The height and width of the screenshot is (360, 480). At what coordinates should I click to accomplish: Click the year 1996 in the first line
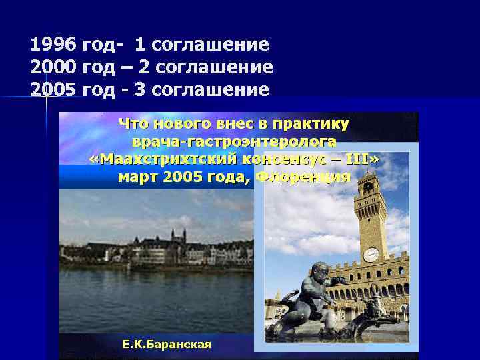53,45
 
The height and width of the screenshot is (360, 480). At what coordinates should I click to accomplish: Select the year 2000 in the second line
53,67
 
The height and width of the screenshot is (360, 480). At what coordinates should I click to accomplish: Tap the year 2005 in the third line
53,89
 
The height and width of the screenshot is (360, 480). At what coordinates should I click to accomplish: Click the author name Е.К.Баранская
167,344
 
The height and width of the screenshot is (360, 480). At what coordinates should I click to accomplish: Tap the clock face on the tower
371,254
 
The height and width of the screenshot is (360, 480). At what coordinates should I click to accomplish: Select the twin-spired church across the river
177,237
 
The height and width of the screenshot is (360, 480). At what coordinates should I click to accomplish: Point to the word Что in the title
133,123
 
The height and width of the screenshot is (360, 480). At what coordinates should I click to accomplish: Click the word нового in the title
180,123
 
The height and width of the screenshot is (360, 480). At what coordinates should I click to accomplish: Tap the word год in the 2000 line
98,67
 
